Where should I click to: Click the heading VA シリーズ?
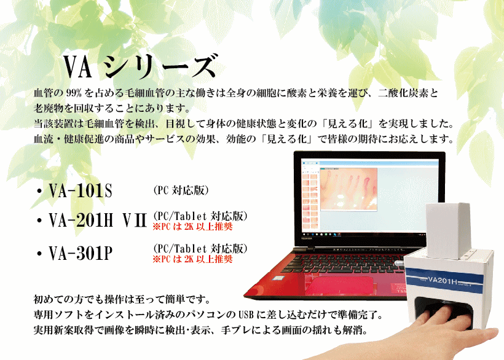pyautogui.click(x=140, y=66)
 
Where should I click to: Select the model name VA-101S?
pyautogui.click(x=81, y=190)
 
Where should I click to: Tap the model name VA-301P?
pyautogui.click(x=81, y=253)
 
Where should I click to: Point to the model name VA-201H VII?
pyautogui.click(x=98, y=221)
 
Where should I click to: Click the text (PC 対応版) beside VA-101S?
pyautogui.click(x=181, y=190)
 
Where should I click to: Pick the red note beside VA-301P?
pyautogui.click(x=192, y=259)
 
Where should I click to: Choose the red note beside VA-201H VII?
pyautogui.click(x=192, y=227)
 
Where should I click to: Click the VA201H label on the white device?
pyautogui.click(x=443, y=280)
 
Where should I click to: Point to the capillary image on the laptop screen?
pyautogui.click(x=348, y=189)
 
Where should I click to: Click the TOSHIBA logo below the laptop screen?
pyautogui.click(x=307, y=238)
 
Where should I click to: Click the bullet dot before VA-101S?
pyautogui.click(x=39, y=191)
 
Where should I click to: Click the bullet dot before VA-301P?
pyautogui.click(x=39, y=254)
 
